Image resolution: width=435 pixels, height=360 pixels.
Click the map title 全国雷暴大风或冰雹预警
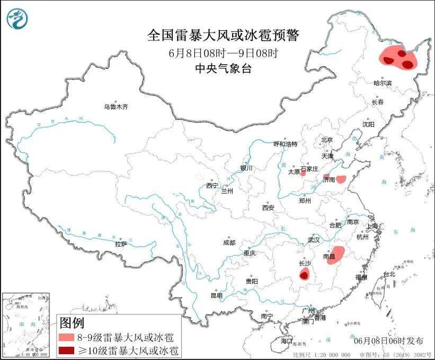(223, 36)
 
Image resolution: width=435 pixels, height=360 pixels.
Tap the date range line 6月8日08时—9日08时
(223, 53)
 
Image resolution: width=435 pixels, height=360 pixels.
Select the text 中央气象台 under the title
(223, 68)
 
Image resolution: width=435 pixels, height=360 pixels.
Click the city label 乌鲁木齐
(116, 107)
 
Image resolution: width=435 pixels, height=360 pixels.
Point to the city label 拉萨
(121, 244)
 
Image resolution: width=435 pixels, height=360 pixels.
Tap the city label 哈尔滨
(382, 83)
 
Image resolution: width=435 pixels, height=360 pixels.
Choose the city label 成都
(229, 243)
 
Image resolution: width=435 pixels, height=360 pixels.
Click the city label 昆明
(217, 295)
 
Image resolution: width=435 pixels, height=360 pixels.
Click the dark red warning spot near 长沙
(304, 274)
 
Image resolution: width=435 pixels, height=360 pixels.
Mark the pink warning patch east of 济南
(342, 179)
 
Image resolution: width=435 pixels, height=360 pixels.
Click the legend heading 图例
(72, 322)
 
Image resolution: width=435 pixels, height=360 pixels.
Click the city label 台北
(389, 274)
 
